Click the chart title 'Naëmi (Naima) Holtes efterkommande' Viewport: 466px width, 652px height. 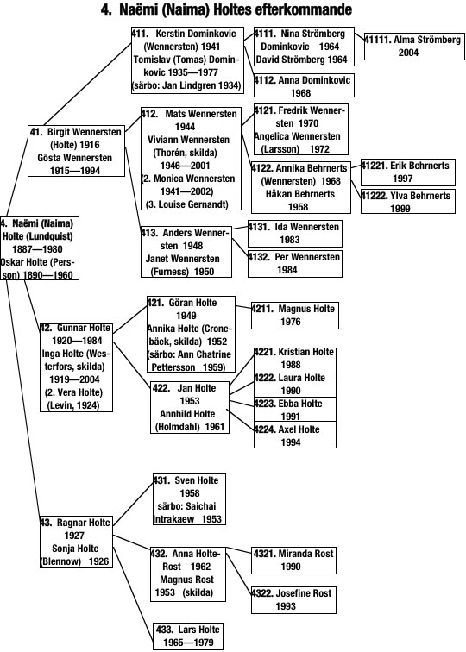(236, 9)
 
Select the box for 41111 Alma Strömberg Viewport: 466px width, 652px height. (414, 47)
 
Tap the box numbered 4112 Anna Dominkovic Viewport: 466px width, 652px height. (304, 85)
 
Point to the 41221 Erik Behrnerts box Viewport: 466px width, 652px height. (407, 172)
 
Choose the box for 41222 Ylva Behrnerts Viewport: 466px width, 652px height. (407, 202)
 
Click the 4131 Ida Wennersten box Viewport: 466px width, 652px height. (295, 233)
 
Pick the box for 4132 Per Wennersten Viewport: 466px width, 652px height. (295, 264)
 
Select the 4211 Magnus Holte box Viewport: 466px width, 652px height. (295, 315)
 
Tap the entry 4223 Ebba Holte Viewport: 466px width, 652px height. (295, 410)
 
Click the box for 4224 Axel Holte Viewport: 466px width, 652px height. (295, 436)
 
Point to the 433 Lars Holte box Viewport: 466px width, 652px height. (188, 636)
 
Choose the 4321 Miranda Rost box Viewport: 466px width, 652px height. (293, 560)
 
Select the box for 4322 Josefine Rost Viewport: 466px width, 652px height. (293, 599)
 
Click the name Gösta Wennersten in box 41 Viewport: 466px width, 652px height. (75, 158)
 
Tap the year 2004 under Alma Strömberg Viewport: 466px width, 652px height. (408, 53)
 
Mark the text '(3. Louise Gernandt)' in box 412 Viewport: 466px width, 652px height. (186, 204)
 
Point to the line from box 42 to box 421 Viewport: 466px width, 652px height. (129, 319)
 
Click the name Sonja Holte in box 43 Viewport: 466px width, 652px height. (75, 549)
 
